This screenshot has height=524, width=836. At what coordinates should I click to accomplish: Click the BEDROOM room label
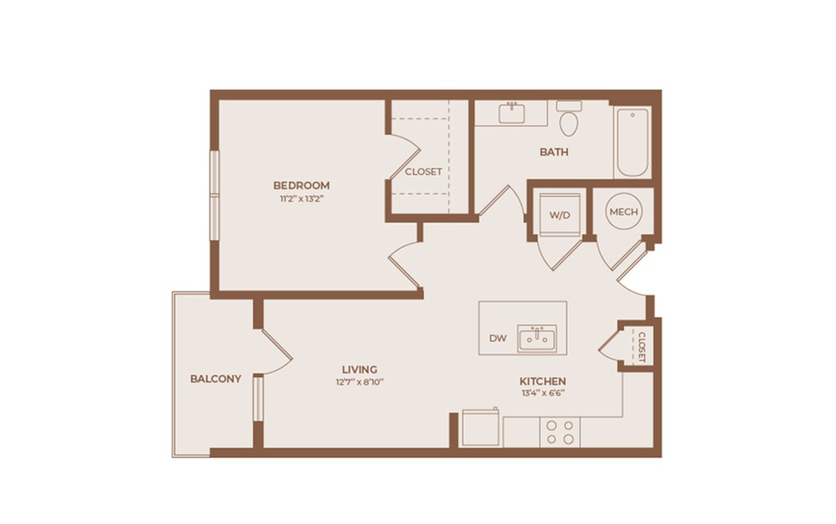click(x=301, y=185)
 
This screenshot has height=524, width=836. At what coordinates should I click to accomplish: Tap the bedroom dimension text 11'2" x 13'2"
click(x=301, y=199)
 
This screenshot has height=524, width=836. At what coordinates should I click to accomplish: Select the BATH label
click(x=554, y=152)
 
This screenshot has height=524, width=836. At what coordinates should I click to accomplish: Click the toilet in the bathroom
click(x=569, y=120)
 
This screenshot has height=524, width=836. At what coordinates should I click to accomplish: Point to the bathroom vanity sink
click(x=511, y=113)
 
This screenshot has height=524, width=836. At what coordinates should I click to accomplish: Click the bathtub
click(x=632, y=142)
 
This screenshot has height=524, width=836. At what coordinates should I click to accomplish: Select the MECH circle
click(x=623, y=212)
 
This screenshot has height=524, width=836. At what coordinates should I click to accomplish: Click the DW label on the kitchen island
click(x=497, y=338)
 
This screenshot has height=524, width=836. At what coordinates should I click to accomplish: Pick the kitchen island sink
click(x=537, y=339)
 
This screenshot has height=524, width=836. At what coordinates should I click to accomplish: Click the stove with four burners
click(x=560, y=432)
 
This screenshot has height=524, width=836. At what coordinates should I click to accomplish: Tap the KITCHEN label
click(x=542, y=381)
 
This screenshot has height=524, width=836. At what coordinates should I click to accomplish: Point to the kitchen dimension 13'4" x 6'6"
click(x=542, y=393)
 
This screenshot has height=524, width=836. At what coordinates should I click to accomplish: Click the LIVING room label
click(x=359, y=369)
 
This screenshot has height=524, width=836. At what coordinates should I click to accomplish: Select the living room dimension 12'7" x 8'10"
click(x=359, y=382)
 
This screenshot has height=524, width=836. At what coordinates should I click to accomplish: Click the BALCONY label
click(x=215, y=378)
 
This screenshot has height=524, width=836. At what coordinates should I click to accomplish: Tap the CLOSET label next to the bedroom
click(x=423, y=172)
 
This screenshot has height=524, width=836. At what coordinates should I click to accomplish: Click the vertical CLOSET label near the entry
click(x=641, y=347)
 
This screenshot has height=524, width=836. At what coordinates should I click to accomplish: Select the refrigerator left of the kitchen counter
click(x=481, y=429)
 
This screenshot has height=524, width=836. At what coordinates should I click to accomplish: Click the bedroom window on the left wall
click(x=214, y=194)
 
